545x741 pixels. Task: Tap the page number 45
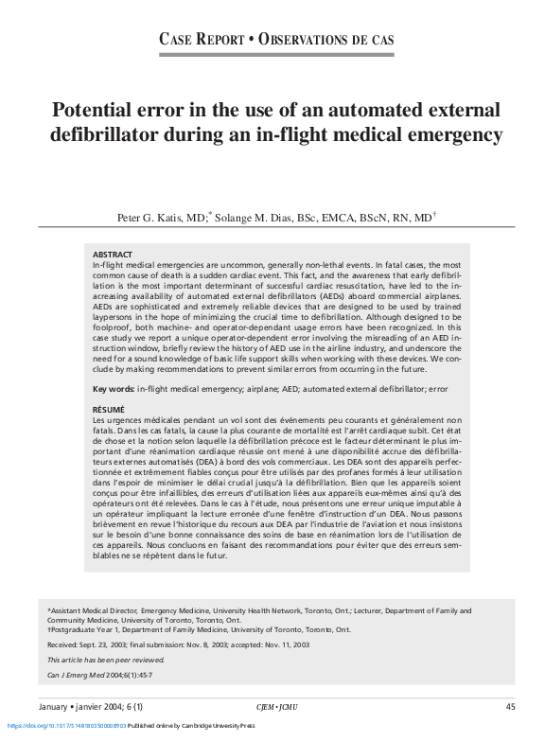coord(510,707)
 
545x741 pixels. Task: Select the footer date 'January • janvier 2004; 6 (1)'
coord(92,707)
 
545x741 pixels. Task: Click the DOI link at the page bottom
coord(66,726)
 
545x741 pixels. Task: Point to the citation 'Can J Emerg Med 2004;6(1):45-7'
coord(100,675)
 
